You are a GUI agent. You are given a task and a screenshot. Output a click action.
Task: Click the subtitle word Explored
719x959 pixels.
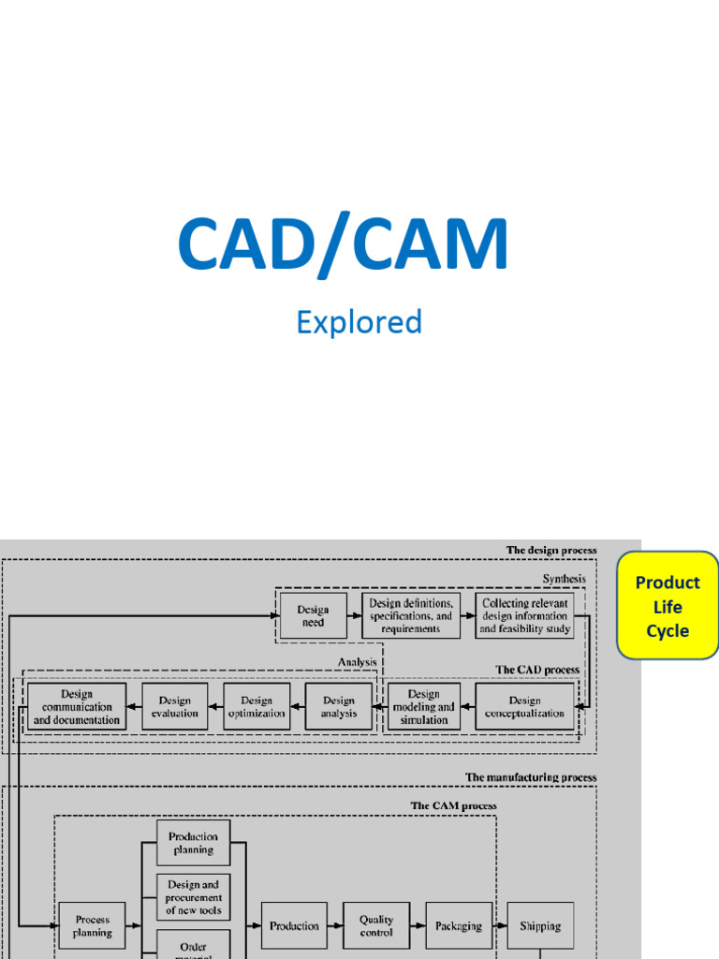tap(359, 322)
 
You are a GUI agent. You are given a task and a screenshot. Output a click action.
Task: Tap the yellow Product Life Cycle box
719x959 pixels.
tap(668, 606)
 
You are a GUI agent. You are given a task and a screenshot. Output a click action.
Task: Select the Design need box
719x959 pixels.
tap(313, 615)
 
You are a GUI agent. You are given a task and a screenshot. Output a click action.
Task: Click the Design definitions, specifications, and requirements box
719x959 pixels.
tap(411, 615)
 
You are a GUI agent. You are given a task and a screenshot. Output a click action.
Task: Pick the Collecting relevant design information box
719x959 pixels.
tap(524, 615)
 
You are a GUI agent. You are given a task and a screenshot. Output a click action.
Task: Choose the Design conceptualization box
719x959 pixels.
tap(524, 706)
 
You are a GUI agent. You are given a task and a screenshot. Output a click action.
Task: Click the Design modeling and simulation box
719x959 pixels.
tap(423, 706)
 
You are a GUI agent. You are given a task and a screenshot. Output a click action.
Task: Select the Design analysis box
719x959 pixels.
tap(338, 706)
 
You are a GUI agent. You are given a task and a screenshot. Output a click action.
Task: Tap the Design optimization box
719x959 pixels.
tap(257, 706)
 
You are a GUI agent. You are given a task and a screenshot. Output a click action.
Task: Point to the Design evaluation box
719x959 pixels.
tap(174, 706)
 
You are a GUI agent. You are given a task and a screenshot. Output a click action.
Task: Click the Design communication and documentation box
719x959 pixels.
tap(77, 706)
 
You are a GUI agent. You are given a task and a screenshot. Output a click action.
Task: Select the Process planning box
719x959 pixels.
tap(92, 925)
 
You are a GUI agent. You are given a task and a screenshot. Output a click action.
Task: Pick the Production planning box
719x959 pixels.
tap(193, 843)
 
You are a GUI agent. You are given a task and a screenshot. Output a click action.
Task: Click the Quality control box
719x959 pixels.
tap(376, 925)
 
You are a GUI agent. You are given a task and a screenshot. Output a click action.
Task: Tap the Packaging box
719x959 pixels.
tap(458, 925)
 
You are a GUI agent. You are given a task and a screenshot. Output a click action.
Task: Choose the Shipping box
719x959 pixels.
tap(540, 925)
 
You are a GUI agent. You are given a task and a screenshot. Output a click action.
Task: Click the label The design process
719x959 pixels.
tap(550, 550)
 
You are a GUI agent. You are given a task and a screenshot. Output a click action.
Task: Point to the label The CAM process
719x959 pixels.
tap(453, 804)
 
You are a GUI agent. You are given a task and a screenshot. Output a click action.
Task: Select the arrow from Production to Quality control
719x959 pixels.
tap(335, 925)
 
